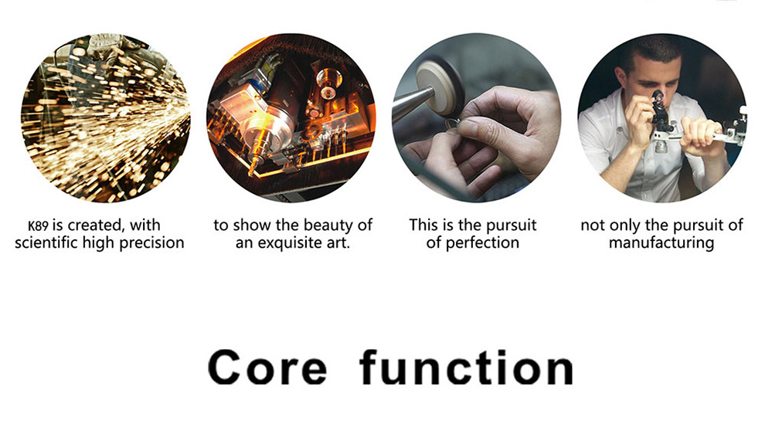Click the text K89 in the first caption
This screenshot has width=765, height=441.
38,226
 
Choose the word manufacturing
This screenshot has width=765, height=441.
661,243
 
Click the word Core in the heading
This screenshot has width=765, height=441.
267,368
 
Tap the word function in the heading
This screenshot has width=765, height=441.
467,367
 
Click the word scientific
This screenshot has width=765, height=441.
46,243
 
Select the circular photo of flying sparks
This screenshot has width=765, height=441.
105,117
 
